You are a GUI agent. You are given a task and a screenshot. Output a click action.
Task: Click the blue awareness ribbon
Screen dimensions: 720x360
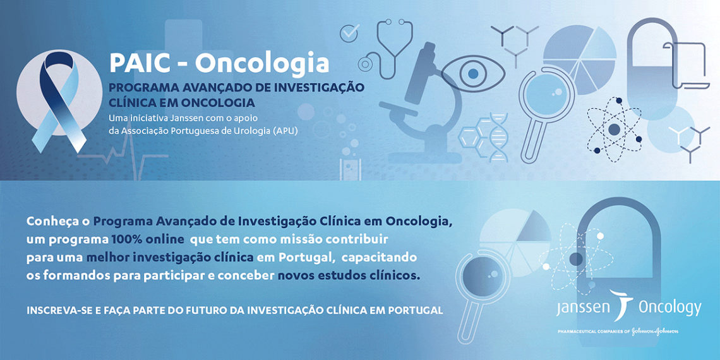tap(58, 101)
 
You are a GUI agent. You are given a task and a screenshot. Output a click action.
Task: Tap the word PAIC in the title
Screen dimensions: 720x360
tap(137, 63)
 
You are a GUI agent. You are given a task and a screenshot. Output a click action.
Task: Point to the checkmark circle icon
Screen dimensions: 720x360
tap(349, 33)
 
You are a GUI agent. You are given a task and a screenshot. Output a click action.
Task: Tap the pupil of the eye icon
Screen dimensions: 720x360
tap(473, 73)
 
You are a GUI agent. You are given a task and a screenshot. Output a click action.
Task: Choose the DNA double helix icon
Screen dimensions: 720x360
tap(498, 137)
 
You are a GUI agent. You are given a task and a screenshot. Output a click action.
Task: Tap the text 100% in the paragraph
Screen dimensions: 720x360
tap(127, 240)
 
